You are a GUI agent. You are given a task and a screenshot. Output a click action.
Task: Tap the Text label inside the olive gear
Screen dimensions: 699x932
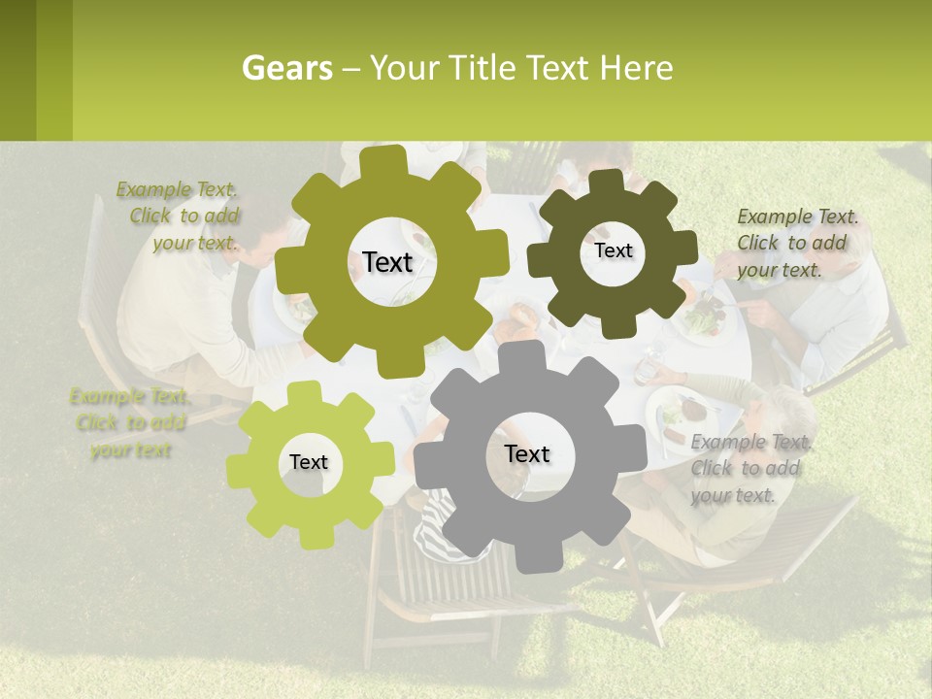tap(387, 262)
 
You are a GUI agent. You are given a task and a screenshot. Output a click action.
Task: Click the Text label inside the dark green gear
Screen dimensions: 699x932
tap(613, 250)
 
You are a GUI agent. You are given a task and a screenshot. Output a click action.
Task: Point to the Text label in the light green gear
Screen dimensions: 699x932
tap(309, 462)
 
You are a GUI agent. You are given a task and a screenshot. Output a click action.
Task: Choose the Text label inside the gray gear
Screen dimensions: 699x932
tap(527, 453)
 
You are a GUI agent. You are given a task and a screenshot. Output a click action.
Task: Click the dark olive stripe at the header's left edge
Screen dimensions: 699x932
tap(17, 70)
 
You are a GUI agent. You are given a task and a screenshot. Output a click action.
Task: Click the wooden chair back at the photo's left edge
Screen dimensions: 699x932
tap(94, 282)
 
